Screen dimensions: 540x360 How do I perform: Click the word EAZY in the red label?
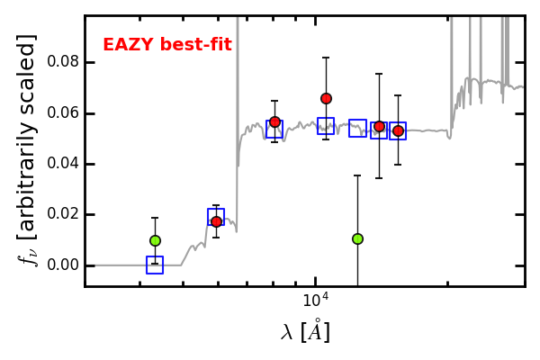pyautogui.click(x=128, y=44)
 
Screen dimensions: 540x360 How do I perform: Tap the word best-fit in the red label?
pyautogui.click(x=196, y=44)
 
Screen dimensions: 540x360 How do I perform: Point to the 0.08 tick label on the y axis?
pyautogui.click(x=63, y=62)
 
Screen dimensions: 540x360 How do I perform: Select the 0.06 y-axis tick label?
pyautogui.click(x=63, y=112)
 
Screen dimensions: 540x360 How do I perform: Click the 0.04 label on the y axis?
pyautogui.click(x=63, y=163)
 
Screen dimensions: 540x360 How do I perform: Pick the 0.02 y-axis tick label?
pyautogui.click(x=63, y=214)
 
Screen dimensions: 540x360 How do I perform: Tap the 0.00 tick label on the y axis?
pyautogui.click(x=63, y=265)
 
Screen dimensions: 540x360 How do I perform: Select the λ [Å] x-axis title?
pyautogui.click(x=305, y=331)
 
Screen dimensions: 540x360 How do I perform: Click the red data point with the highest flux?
pyautogui.click(x=326, y=99)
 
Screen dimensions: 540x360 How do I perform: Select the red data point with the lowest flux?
pyautogui.click(x=216, y=221)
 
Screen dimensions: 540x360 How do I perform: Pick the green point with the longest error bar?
pyautogui.click(x=358, y=238)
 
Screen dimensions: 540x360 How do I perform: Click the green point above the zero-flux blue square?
pyautogui.click(x=156, y=240)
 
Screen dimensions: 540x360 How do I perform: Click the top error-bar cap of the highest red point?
pyautogui.click(x=326, y=58)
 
